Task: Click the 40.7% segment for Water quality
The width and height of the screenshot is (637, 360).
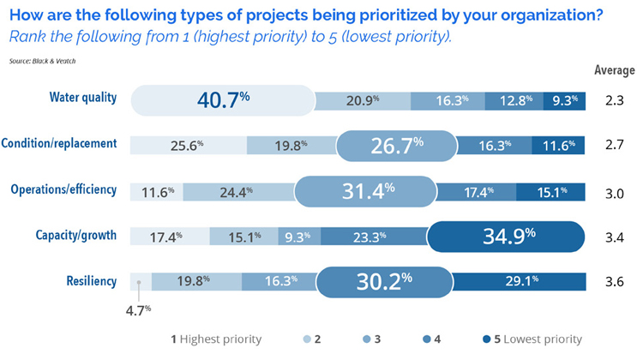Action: pos(223,99)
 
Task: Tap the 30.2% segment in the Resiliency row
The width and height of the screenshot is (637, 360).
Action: pos(384,280)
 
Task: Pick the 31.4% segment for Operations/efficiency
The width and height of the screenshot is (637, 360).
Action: pos(365,189)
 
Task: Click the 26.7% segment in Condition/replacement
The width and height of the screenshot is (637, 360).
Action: pos(395,145)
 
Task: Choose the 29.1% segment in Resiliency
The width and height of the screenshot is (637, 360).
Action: pos(520,280)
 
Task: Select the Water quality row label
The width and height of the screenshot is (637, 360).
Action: pos(81,97)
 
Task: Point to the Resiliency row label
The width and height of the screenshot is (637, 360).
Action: pos(91,280)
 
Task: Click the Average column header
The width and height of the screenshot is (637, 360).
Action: pos(615,70)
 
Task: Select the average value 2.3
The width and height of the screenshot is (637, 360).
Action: pos(614,99)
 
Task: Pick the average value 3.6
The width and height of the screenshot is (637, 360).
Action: pos(614,281)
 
